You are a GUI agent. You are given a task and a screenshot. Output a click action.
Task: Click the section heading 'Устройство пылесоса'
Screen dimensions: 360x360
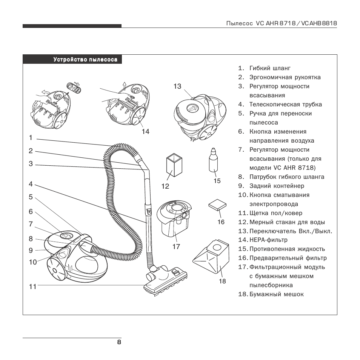coord(85,60)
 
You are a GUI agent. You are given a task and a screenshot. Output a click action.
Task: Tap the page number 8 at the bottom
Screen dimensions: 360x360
coord(119,342)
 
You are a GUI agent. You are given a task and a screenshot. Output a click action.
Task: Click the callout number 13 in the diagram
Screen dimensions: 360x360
coord(177,86)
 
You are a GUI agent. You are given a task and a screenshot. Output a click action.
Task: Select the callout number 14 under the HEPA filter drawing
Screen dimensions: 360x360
coord(146,131)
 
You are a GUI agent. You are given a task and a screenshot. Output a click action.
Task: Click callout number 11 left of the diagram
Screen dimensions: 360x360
coord(33,287)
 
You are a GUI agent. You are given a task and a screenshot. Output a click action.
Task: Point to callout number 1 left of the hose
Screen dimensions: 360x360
coord(31,138)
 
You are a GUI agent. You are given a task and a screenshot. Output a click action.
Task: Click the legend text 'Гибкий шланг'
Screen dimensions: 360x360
coord(270,68)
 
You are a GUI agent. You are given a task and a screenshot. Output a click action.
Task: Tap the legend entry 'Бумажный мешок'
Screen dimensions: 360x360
coord(276,294)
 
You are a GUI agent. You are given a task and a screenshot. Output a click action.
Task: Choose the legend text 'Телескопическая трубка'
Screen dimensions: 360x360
coord(286,105)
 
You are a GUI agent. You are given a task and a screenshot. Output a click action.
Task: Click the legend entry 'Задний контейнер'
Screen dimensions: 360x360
coord(277,186)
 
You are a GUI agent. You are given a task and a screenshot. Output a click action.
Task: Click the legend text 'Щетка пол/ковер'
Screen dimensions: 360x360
coord(275,213)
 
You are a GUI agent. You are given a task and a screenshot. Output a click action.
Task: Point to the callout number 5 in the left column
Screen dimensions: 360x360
coord(31,197)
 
